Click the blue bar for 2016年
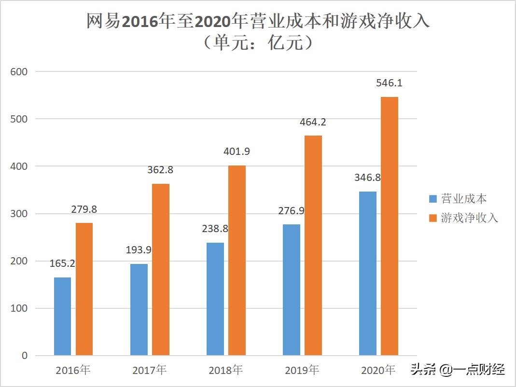(62, 317)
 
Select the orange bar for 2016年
(84, 290)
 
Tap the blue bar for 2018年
(215, 299)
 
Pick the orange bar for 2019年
(313, 246)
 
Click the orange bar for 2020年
(390, 226)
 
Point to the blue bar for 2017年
(139, 310)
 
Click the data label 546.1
(389, 83)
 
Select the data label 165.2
(62, 263)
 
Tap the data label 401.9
(237, 152)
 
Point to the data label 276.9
(291, 210)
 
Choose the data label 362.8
(160, 170)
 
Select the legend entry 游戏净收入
(463, 218)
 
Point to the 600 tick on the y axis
(19, 71)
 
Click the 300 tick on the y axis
(19, 214)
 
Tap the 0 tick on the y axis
(25, 356)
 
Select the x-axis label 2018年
(225, 371)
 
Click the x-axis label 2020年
(378, 371)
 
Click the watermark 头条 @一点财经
(458, 370)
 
